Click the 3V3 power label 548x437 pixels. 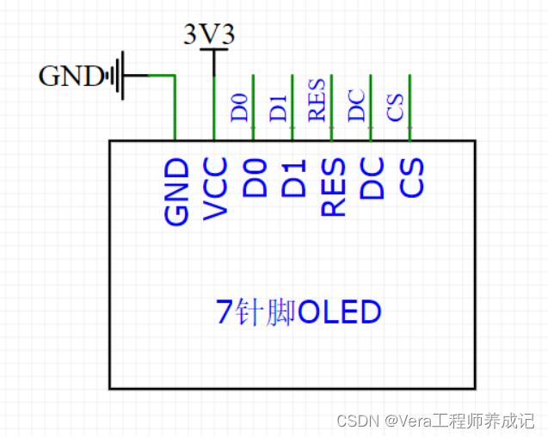209,34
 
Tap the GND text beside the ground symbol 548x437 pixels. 71,77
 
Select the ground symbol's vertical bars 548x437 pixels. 116,77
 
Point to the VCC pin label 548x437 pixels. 215,188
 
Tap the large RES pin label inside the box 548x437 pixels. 333,187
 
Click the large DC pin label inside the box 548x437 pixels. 372,178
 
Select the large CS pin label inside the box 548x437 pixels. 411,177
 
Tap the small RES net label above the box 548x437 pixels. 317,100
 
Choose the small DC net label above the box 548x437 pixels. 357,105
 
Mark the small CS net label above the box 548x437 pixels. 396,108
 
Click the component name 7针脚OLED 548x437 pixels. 299,311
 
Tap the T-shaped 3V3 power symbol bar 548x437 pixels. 213,51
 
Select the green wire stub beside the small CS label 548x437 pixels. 409,108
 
